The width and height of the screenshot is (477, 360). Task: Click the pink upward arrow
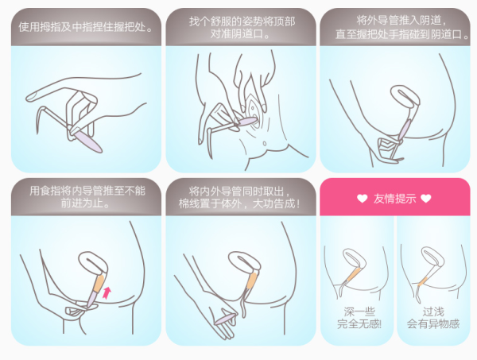[x=107, y=292]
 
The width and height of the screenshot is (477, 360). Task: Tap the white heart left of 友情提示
[x=362, y=199]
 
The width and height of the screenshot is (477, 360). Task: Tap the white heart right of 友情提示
[x=426, y=199]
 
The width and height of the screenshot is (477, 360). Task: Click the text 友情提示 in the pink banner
[x=394, y=199]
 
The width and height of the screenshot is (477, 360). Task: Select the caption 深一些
[x=359, y=312]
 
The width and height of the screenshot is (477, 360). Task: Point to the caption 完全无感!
[x=359, y=324]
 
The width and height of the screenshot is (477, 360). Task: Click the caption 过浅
[x=433, y=312]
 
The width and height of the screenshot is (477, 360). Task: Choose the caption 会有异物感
[x=433, y=324]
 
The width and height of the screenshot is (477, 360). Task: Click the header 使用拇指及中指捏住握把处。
[x=86, y=27]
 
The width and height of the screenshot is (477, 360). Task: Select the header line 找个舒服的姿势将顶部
[x=242, y=21]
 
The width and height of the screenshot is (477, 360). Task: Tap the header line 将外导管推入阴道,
[x=401, y=21]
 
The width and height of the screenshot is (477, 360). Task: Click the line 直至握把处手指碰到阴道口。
[x=402, y=34]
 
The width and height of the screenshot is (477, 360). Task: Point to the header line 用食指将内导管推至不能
[x=87, y=191]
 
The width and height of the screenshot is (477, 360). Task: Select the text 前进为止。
[x=85, y=203]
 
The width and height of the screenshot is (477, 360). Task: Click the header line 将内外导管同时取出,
[x=240, y=192]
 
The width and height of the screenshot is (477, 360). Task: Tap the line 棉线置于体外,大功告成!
[x=239, y=203]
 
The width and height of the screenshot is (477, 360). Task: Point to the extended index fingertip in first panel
[x=30, y=97]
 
